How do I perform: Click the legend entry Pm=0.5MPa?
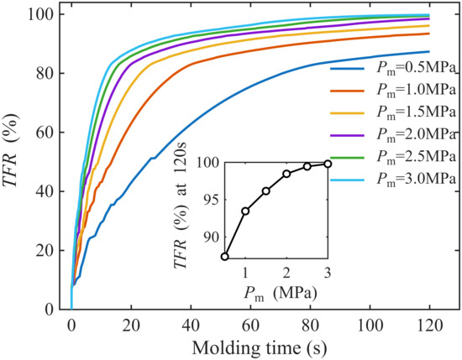[x=393, y=68]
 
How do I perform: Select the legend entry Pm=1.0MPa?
[x=393, y=91]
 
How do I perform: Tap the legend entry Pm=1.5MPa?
[x=393, y=112]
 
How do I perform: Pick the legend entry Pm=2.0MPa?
[x=393, y=135]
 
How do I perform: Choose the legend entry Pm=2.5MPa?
[x=393, y=158]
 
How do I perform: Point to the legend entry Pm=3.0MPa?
[x=393, y=180]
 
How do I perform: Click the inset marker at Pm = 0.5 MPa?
[x=225, y=257]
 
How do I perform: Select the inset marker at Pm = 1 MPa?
[x=245, y=211]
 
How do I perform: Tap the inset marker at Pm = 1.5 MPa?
[x=266, y=191]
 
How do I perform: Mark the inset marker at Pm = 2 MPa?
[x=286, y=174]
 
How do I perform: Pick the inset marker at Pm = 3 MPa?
[x=328, y=164]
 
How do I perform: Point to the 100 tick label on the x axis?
[x=370, y=326]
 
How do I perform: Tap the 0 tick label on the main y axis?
[x=50, y=310]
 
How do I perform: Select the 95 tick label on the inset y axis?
[x=211, y=200]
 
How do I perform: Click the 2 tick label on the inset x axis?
[x=286, y=274]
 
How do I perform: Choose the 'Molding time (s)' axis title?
[x=260, y=348]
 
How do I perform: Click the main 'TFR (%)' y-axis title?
[x=12, y=149]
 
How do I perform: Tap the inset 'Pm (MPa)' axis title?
[x=281, y=294]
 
